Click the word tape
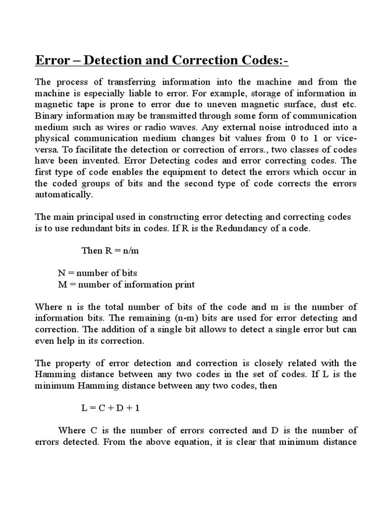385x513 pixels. pyautogui.click(x=86, y=104)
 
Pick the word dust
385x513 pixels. pyautogui.click(x=329, y=104)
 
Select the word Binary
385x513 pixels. pyautogui.click(x=48, y=115)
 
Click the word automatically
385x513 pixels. pyautogui.click(x=64, y=194)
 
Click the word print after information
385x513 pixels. pyautogui.click(x=182, y=285)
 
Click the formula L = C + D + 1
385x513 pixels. pyautogui.click(x=110, y=408)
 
